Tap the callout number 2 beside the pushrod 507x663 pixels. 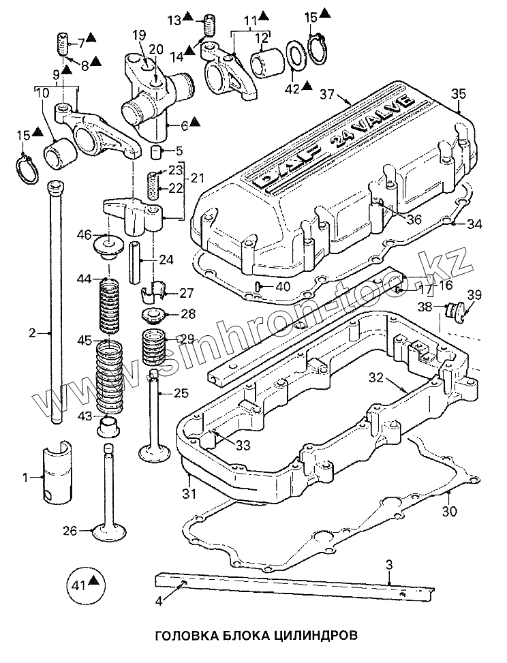point(31,333)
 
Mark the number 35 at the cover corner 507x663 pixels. point(459,94)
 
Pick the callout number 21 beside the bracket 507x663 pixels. point(197,179)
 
